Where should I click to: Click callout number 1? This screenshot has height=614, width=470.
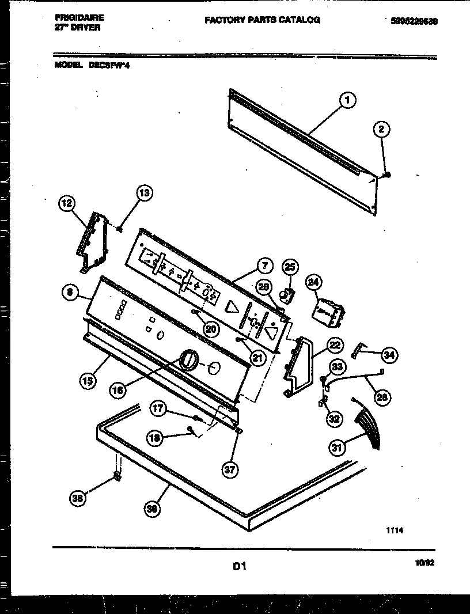(x=347, y=101)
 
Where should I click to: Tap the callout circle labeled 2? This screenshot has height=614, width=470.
(x=381, y=130)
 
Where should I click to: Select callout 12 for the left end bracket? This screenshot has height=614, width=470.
(x=68, y=202)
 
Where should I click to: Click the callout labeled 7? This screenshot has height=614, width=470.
(x=263, y=267)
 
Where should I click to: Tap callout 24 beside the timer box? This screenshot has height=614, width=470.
(x=314, y=282)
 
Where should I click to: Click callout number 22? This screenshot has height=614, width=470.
(x=335, y=346)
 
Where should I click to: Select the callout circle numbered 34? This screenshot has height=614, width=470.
(x=390, y=355)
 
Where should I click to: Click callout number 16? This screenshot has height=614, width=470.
(x=118, y=390)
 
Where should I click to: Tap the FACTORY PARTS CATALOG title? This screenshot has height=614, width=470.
(x=262, y=20)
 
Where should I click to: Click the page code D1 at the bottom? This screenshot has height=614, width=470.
(x=240, y=567)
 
